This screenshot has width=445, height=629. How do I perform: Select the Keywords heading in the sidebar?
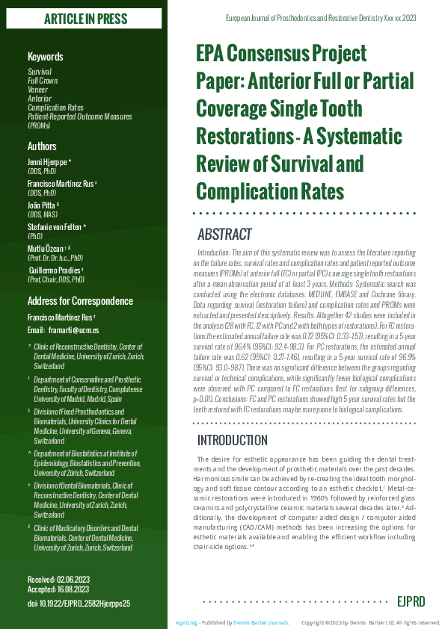click(46, 57)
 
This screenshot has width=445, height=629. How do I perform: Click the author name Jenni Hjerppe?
click(48, 162)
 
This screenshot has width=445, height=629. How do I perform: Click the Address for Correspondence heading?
click(80, 301)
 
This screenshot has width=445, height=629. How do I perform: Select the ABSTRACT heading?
click(224, 235)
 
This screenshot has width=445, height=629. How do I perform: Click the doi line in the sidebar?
click(79, 603)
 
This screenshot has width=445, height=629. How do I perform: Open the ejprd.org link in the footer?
click(186, 622)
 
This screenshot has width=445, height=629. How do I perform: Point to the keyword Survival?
click(40, 71)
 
